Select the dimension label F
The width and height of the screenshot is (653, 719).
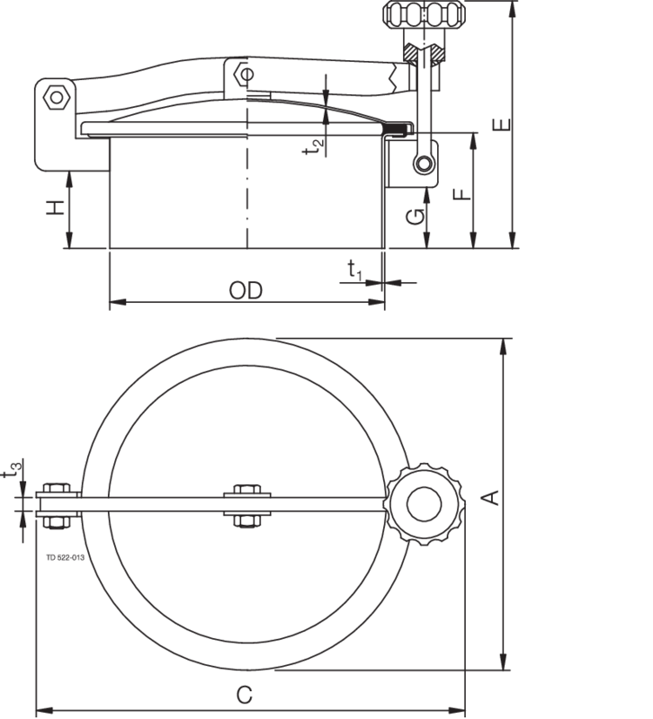tap(461, 193)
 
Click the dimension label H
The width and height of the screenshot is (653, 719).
tap(56, 208)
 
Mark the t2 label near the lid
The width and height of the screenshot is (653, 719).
tap(314, 147)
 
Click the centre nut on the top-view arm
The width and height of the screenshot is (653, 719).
tap(246, 504)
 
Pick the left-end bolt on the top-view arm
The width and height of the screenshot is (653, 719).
tap(56, 504)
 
